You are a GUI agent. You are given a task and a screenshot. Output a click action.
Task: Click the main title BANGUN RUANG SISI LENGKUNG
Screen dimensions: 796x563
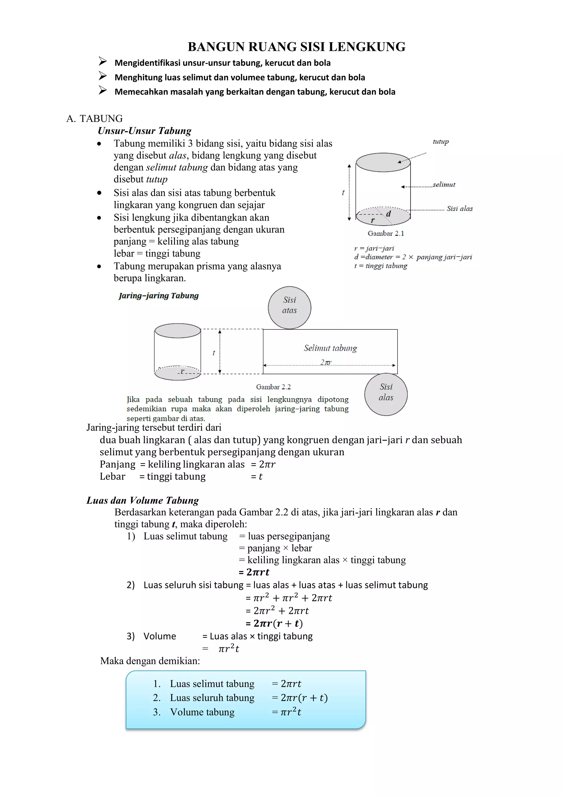click(297, 47)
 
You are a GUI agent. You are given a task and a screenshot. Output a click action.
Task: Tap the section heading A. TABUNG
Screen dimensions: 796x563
click(94, 119)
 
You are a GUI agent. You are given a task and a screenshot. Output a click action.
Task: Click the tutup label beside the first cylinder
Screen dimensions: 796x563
click(441, 142)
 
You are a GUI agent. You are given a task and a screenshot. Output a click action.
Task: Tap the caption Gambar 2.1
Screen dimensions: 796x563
click(386, 233)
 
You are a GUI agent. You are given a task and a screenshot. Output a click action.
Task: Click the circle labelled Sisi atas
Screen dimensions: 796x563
click(289, 307)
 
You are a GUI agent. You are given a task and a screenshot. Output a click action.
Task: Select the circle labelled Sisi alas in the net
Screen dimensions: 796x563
click(386, 394)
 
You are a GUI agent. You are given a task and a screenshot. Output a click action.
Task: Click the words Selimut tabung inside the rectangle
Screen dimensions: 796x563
click(330, 348)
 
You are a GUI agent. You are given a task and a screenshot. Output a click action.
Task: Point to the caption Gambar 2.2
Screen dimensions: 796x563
click(273, 387)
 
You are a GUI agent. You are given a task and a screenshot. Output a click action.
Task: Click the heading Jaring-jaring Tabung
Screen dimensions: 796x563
click(159, 295)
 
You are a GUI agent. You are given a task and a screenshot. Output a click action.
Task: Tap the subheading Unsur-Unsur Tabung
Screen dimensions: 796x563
click(144, 131)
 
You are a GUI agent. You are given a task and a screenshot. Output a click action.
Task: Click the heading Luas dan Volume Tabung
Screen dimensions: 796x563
click(143, 500)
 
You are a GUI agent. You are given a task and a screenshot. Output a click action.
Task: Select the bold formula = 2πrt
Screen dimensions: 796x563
click(254, 572)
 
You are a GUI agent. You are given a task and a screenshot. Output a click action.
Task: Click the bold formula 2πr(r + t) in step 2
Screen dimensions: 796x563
click(274, 623)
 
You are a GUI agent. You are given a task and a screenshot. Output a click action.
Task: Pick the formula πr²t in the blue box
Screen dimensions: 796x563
click(290, 712)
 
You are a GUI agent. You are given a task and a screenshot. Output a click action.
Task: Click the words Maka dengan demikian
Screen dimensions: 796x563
click(150, 661)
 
